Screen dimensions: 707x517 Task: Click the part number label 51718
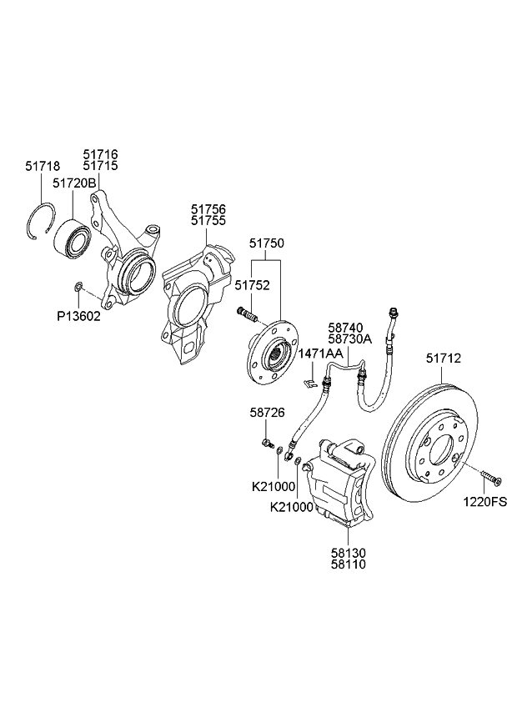[42, 167]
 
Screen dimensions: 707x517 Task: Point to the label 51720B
[74, 182]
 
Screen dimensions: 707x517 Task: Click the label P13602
[78, 317]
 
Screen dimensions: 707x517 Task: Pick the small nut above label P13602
[77, 288]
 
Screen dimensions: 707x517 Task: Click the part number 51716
[100, 154]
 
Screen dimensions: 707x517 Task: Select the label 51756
[208, 208]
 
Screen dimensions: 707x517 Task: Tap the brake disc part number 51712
[444, 359]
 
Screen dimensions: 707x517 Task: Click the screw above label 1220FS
[490, 476]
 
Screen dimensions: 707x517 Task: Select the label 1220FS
[490, 503]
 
